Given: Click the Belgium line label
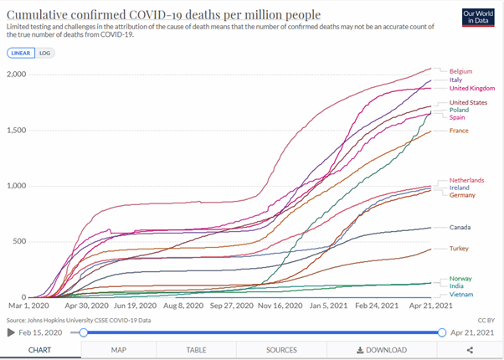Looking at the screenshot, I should [460, 71].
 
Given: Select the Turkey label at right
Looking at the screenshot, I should [460, 249].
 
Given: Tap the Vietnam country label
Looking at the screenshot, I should [461, 295].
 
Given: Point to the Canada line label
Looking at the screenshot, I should [460, 227].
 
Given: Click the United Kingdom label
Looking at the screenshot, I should [472, 88].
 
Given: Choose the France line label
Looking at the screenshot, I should [459, 131].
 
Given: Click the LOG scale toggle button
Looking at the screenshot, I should [45, 52].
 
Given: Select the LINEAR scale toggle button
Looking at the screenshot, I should [21, 52].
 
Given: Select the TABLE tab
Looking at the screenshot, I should [196, 350].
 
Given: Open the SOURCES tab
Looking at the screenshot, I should [281, 350].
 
